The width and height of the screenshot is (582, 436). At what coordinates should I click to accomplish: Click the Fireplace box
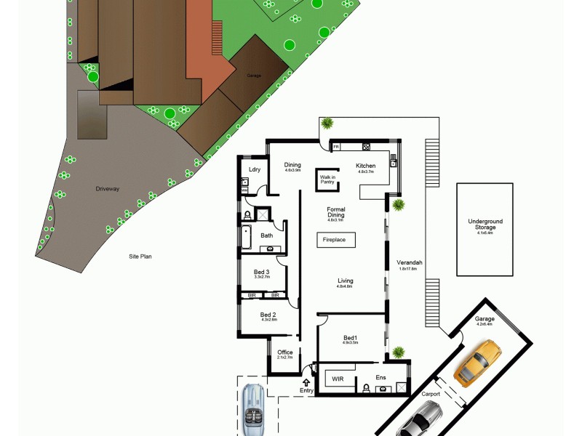coord(335,239)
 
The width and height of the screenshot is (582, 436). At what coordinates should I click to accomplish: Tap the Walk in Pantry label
coord(327,179)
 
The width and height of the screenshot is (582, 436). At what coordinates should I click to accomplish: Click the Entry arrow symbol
coord(306,381)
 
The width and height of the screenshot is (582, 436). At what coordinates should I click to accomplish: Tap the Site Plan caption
coord(140,257)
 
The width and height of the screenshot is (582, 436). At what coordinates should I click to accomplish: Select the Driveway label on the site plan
coord(107,189)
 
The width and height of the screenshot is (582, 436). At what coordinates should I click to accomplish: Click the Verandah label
coord(410,262)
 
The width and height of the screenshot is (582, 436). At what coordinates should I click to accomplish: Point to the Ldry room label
coord(255,169)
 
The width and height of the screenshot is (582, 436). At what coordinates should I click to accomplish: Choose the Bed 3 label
coord(262,272)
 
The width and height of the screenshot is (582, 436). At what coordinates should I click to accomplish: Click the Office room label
coord(284,352)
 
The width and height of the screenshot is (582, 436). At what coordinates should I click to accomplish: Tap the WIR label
coord(338,379)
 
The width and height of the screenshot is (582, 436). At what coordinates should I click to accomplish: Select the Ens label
coord(380,377)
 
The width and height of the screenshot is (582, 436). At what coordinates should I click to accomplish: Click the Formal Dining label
coord(336,212)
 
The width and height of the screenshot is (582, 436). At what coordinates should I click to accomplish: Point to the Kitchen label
coord(365,166)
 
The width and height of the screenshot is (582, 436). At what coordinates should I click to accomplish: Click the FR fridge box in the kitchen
coord(336,148)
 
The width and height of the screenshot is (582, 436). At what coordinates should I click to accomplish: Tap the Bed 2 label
coord(268,315)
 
